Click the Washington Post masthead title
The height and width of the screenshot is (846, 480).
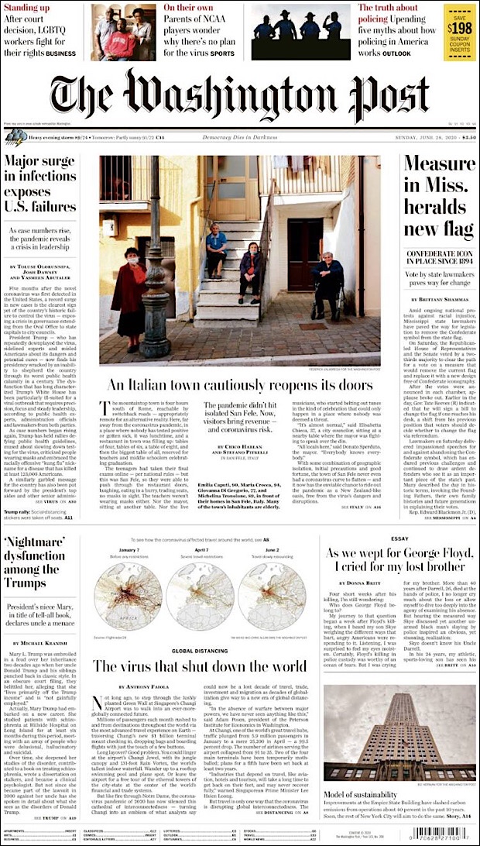[239, 94]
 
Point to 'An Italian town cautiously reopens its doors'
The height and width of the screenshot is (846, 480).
[239, 385]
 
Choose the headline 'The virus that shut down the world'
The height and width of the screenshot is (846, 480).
[201, 666]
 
